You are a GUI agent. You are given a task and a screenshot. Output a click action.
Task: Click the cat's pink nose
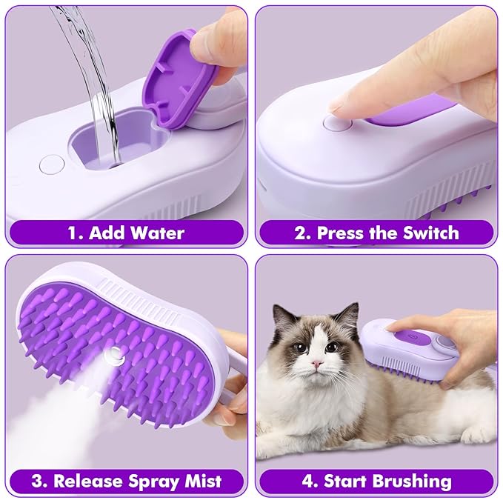coord(316,364)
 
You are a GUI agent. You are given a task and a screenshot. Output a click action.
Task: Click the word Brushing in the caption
coord(410,481)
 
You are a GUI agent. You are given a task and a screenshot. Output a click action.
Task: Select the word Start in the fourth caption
coord(345,481)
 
